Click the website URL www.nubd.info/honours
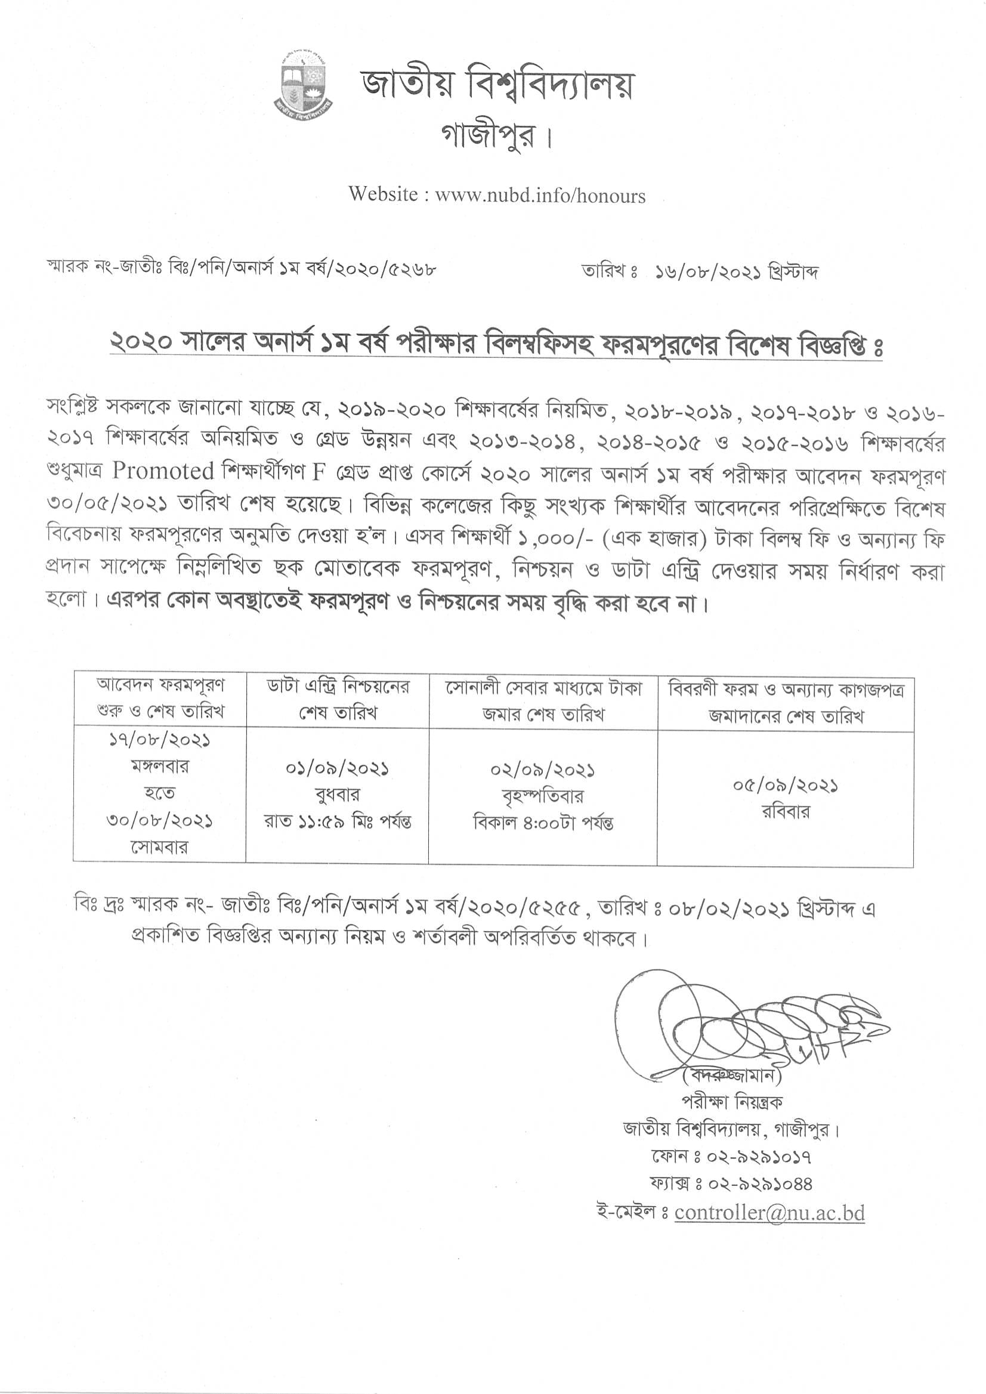coord(540,196)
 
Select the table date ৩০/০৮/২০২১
coord(160,821)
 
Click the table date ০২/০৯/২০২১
coord(542,771)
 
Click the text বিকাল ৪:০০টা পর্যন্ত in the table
coord(543,823)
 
